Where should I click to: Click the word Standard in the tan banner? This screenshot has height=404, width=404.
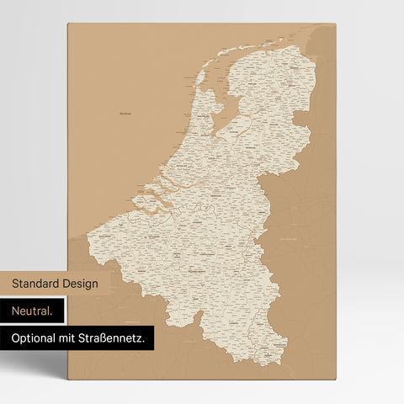pos(35,284)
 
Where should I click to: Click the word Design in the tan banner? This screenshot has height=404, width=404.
pos(79,284)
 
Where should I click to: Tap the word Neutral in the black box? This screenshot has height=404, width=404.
pos(32,311)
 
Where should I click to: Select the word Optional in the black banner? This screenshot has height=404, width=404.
pos(32,338)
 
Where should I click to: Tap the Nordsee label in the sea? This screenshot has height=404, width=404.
pos(125,112)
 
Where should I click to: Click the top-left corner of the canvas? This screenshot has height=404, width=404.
pos(68,24)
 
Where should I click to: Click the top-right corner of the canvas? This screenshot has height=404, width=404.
pos(336,24)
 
